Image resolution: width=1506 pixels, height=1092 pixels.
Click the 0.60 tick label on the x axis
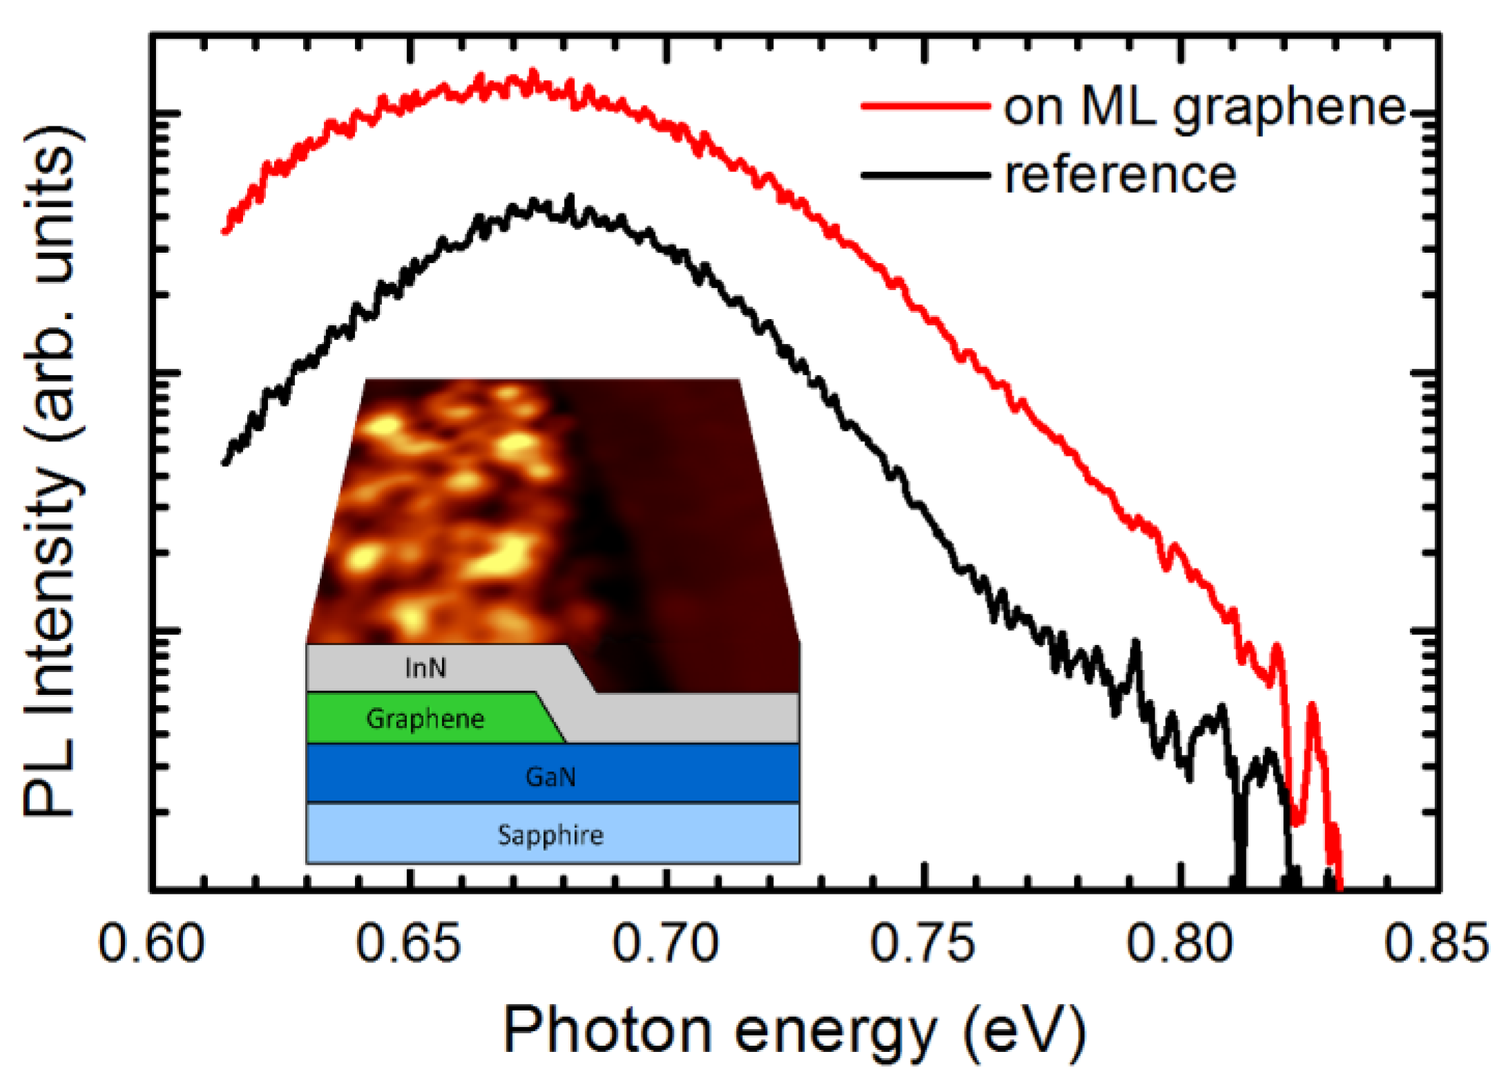pos(151,944)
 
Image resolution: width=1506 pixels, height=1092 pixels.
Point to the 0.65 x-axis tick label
pos(408,944)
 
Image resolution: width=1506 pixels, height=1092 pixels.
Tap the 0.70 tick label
pos(666,944)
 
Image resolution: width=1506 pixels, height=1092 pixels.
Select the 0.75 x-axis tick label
pos(923,944)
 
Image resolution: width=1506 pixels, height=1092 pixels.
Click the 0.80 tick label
pos(1179,944)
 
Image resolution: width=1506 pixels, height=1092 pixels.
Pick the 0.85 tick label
pos(1436,944)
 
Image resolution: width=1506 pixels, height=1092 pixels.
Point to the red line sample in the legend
pos(925,106)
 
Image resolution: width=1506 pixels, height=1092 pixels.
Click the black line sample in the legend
pos(925,175)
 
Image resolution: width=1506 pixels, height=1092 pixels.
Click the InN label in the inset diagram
pos(425,669)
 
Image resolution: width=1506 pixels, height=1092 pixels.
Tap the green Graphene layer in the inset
pos(425,719)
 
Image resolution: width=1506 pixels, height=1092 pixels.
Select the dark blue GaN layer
pos(551,776)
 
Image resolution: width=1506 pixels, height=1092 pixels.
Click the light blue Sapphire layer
pos(551,835)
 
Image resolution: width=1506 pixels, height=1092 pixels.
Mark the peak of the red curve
pos(532,72)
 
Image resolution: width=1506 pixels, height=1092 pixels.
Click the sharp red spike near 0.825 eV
pos(1311,706)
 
